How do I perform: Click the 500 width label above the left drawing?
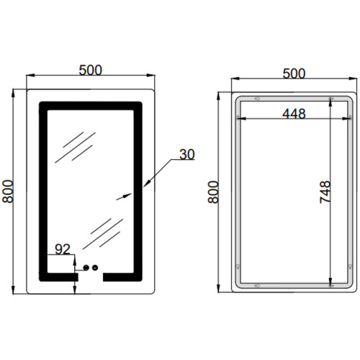point(91,70)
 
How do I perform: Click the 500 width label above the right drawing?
point(294,73)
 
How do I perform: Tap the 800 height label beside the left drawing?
point(7,192)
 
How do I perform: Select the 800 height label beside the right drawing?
point(213,192)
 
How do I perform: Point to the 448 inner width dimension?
point(294,114)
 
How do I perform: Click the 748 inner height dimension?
point(325,192)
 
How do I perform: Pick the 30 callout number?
point(187,154)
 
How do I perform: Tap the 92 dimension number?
point(63,249)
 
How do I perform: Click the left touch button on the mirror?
point(86,267)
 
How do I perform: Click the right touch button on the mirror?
point(95,267)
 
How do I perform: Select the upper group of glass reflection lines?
point(75,147)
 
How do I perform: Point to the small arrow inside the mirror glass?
point(124,197)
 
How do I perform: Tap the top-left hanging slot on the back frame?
point(257,99)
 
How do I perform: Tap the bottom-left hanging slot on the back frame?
point(257,286)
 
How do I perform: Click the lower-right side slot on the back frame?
point(350,266)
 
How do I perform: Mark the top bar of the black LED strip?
point(91,106)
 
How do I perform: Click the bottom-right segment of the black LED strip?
point(122,277)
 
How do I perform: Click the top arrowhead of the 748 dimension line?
point(330,102)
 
